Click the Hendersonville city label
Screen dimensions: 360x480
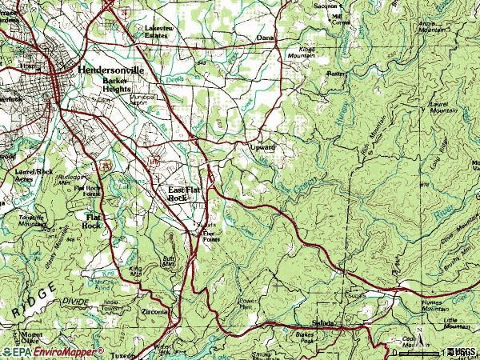[x=110, y=70]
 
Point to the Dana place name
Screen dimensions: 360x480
[x=265, y=38]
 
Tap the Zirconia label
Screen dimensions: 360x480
[x=154, y=311]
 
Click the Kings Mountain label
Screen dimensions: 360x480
[x=302, y=53]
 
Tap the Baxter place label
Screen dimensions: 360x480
[x=334, y=74]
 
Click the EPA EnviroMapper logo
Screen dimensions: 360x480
[x=54, y=351]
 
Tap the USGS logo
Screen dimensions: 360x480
[x=460, y=351]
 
